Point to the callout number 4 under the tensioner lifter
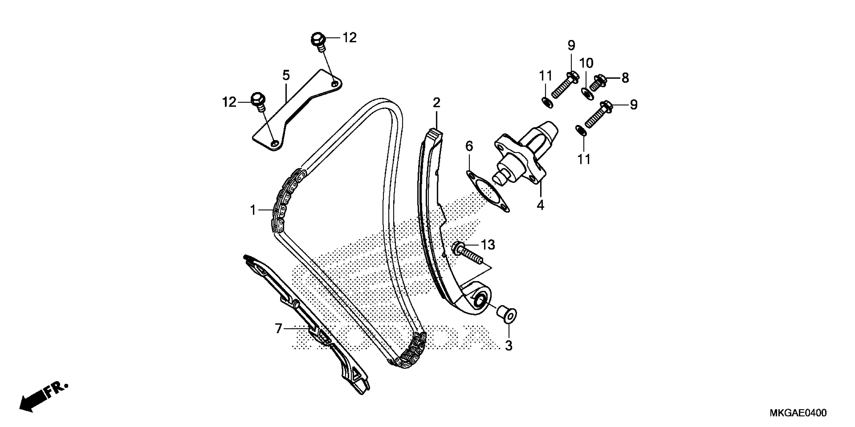tap(540, 205)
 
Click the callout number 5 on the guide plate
tap(286, 76)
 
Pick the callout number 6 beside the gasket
tap(469, 146)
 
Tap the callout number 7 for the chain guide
tap(278, 329)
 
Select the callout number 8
tap(625, 78)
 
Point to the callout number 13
tap(488, 245)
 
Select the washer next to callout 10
tap(587, 93)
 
